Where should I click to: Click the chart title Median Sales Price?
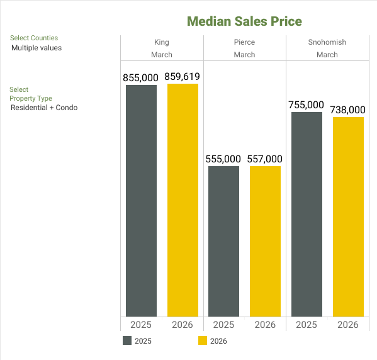tap(244, 21)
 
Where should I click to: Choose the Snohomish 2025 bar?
tap(307, 214)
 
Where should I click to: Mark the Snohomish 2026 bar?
tap(348, 217)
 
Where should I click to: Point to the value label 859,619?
tap(183, 77)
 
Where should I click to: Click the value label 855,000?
tap(141, 77)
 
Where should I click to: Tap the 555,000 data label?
tap(223, 159)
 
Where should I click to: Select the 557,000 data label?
tap(265, 159)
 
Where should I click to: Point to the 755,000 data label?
tap(307, 104)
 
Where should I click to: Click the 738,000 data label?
tap(348, 110)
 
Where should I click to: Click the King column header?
tap(162, 43)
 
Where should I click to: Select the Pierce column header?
tap(244, 43)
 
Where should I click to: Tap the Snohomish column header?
tap(327, 43)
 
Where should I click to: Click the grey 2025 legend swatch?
tap(127, 341)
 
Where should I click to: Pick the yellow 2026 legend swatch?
tap(203, 341)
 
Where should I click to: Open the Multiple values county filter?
tap(37, 48)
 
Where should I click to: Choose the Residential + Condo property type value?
tap(44, 108)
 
